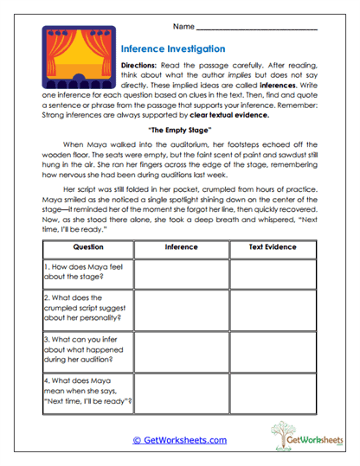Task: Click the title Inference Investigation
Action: click(173, 49)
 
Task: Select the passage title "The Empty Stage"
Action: click(180, 130)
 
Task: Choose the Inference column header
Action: click(181, 246)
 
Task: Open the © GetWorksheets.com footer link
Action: click(180, 440)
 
